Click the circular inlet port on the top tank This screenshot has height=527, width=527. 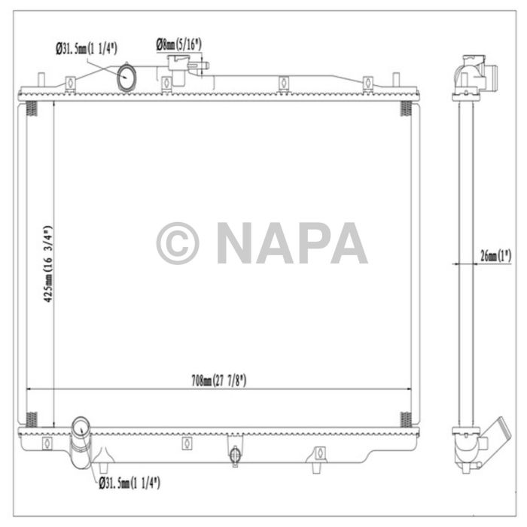pyautogui.click(x=127, y=76)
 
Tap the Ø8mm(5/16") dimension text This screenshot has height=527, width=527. pyautogui.click(x=178, y=45)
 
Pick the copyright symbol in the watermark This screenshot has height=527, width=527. pyautogui.click(x=178, y=243)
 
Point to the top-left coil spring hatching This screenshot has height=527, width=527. pyautogui.click(x=32, y=109)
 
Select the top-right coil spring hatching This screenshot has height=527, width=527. pyautogui.click(x=405, y=109)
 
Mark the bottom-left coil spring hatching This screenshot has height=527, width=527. pyautogui.click(x=32, y=419)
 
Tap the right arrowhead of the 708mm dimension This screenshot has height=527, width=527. pyautogui.click(x=407, y=389)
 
